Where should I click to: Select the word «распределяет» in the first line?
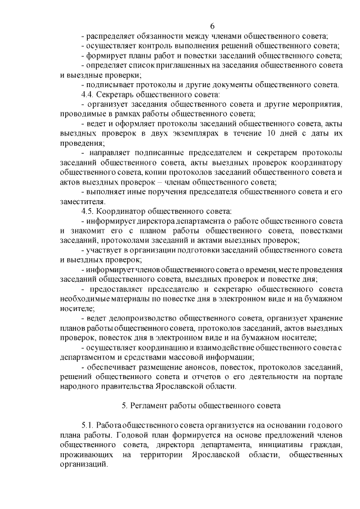click(x=110, y=37)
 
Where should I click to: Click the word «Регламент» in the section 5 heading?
click(x=147, y=406)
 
